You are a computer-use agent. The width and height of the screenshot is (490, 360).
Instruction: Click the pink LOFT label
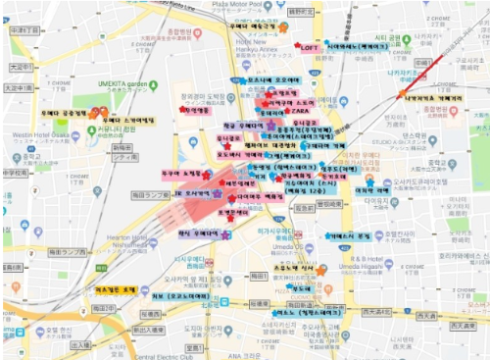308,47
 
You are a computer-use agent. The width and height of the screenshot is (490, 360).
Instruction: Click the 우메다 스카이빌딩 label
127,120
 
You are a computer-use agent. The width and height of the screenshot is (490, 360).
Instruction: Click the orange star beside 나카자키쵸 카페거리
403,94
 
